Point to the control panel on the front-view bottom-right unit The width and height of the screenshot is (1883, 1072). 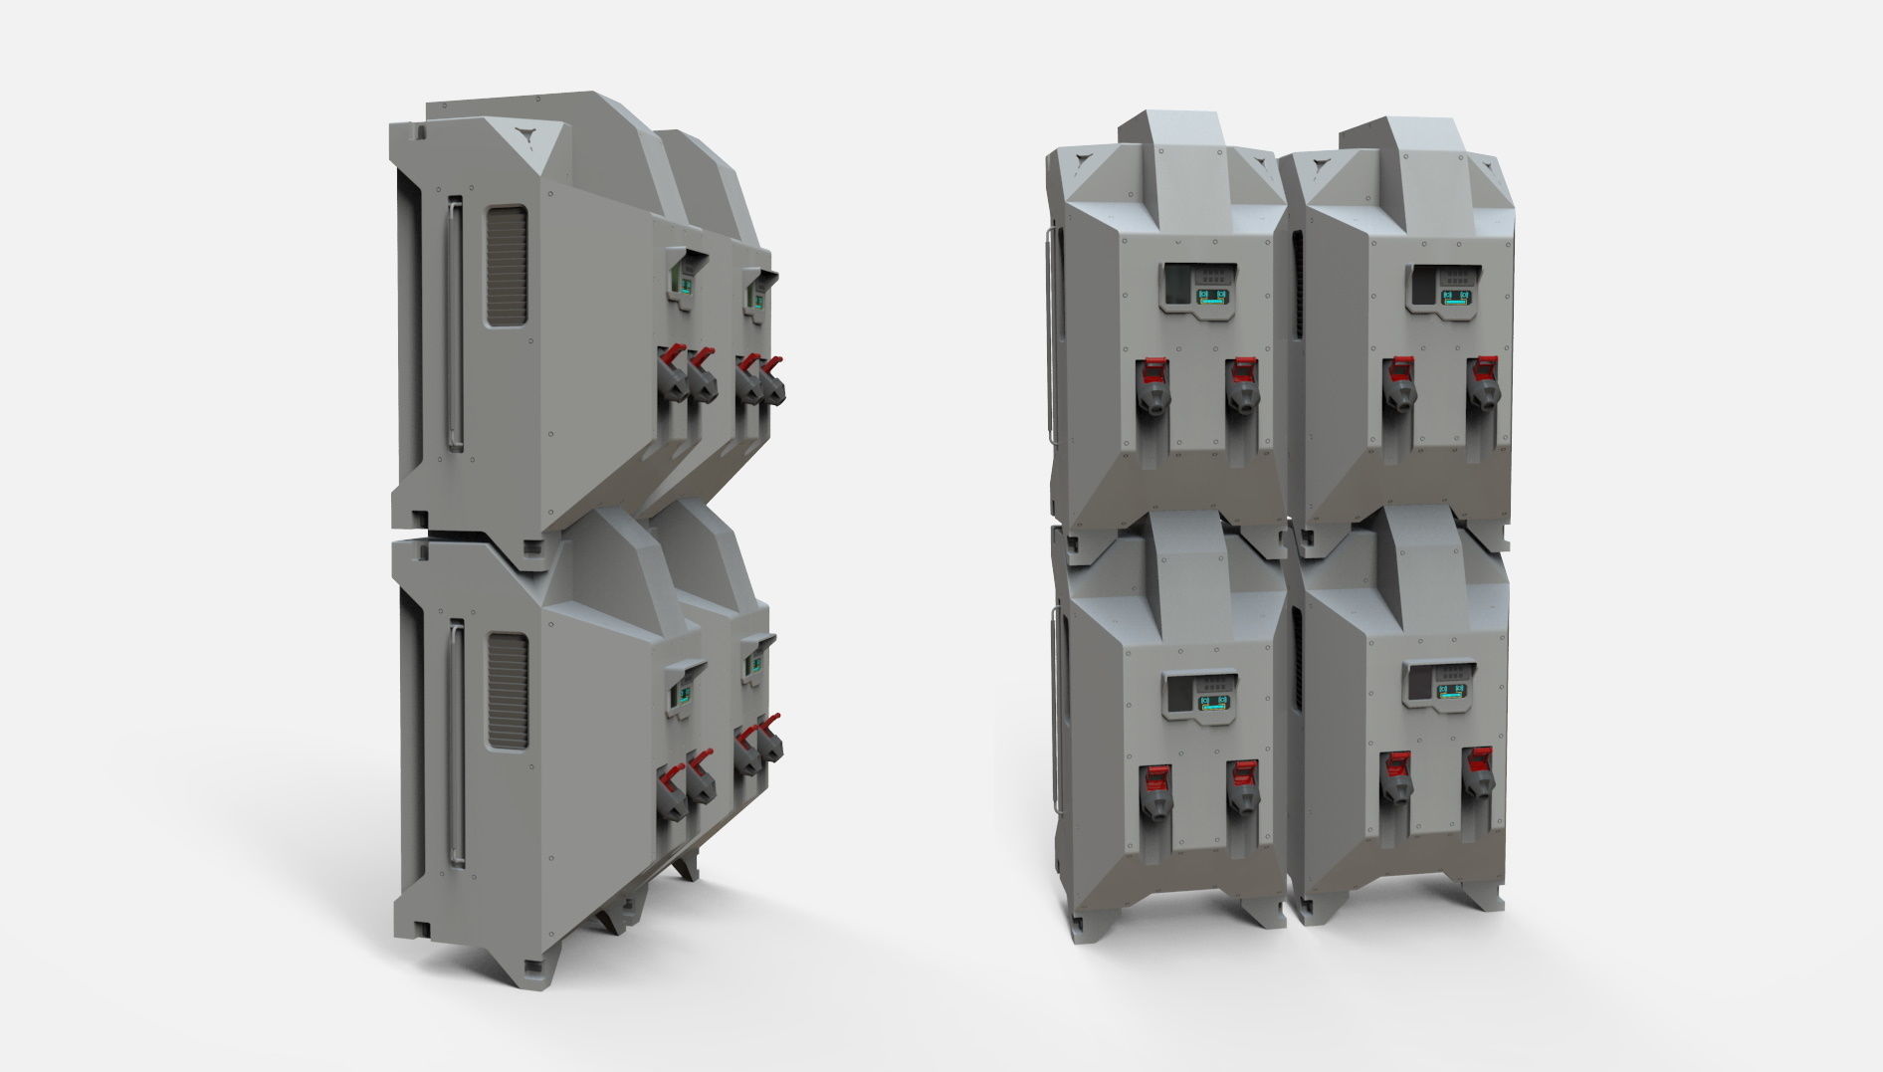pos(1439,686)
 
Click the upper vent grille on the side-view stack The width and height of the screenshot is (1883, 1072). pos(506,265)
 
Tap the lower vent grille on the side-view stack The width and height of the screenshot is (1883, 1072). pos(508,691)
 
